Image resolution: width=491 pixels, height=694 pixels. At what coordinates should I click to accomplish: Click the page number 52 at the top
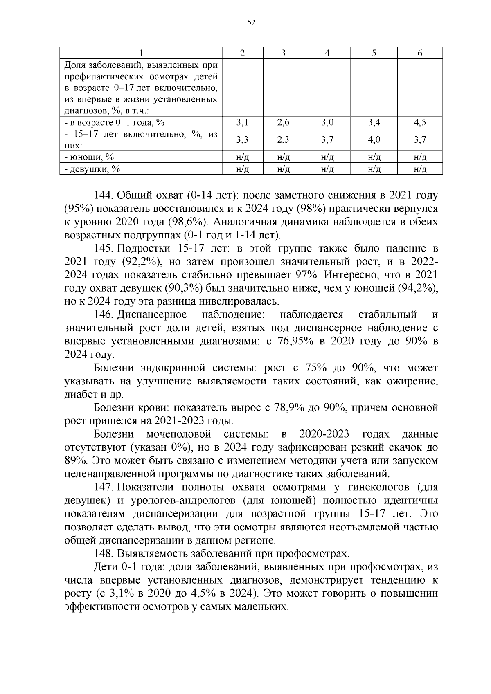pos(251,23)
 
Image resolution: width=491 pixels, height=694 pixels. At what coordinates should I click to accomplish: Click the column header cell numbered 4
pos(327,53)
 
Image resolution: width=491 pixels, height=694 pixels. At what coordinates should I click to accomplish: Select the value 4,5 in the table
pos(420,122)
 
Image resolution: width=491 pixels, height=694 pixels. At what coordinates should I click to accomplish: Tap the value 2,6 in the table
pos(283,122)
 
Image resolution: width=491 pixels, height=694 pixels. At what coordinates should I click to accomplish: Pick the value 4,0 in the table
pos(374,140)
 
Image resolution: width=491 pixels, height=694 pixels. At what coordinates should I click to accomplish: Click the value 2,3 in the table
pos(283,140)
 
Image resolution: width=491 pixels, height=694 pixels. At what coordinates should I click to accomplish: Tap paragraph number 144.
pos(104,195)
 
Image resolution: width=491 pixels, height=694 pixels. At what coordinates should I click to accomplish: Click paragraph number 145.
pos(104,249)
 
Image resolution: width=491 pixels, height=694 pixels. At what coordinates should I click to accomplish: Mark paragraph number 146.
pos(104,315)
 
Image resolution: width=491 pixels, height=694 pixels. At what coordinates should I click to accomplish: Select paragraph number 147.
pos(104,487)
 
